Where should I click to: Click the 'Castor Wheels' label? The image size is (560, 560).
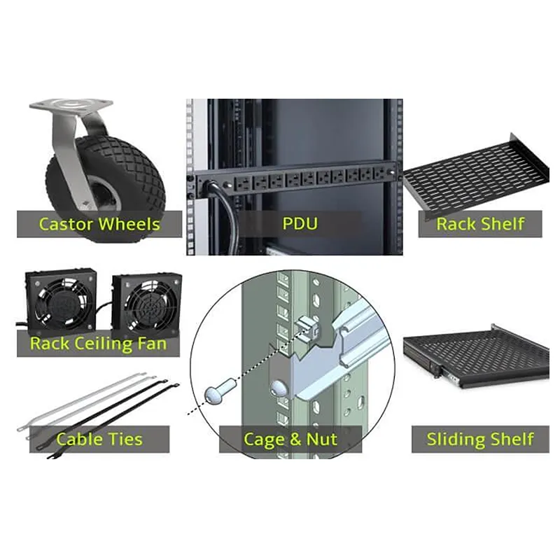(99, 224)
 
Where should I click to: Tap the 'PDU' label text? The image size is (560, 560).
(300, 223)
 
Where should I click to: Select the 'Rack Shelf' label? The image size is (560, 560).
(480, 224)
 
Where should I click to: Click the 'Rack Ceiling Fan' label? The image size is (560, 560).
(98, 344)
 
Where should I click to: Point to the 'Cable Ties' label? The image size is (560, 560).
(99, 439)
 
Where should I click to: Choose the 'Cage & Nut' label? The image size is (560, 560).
(290, 440)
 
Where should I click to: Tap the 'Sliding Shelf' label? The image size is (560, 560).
(480, 440)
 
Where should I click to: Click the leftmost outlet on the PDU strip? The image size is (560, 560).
(243, 183)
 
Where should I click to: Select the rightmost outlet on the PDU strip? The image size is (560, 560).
(380, 174)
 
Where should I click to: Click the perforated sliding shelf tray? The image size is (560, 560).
(477, 357)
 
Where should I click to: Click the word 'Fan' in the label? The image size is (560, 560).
(153, 344)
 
